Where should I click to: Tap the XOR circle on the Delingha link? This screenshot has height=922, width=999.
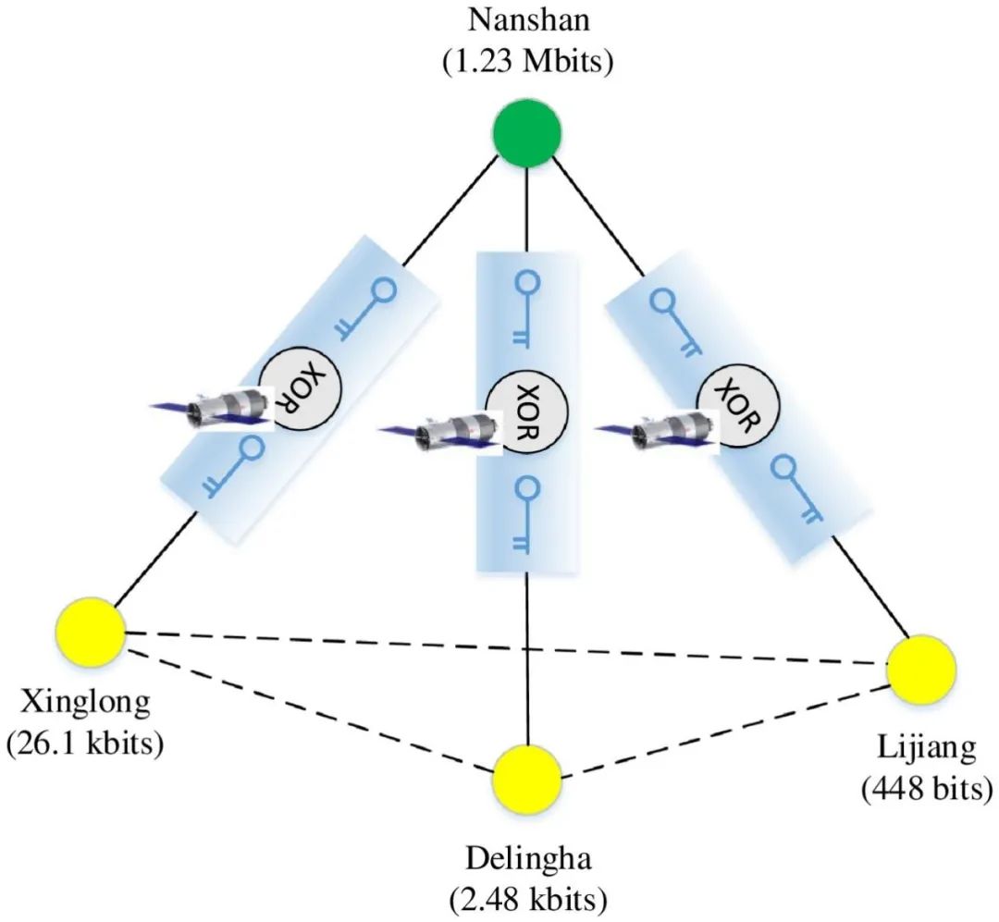click(527, 412)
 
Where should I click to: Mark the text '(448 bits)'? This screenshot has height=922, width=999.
click(926, 788)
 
